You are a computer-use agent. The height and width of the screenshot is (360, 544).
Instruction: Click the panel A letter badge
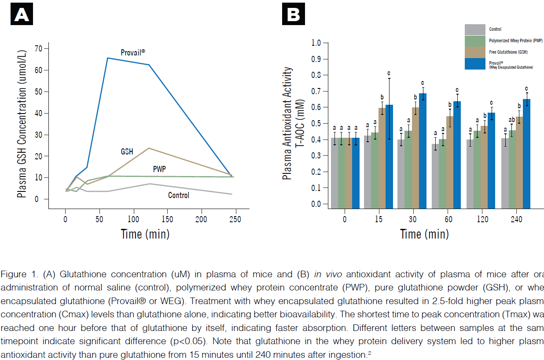pos(22,15)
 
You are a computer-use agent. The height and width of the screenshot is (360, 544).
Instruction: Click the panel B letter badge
pos(293,15)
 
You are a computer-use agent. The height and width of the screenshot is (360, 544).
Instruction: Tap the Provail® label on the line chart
pos(133,52)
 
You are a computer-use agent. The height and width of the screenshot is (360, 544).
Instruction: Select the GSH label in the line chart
pos(128,151)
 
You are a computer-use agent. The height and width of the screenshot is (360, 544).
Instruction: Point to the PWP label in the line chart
pos(159,169)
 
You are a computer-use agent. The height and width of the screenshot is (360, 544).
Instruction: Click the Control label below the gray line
pos(179,195)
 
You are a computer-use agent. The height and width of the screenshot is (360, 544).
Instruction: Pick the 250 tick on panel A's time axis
pos(235,219)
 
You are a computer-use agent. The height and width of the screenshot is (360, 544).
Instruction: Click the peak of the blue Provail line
pos(108,58)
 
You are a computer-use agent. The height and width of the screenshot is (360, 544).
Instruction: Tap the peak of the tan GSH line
pos(149,148)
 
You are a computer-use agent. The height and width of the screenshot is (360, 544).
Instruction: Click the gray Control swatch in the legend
pos(475,29)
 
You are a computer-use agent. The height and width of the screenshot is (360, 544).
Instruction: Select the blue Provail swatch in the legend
pos(475,64)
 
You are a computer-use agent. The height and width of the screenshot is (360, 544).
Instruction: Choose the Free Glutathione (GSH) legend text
pos(508,52)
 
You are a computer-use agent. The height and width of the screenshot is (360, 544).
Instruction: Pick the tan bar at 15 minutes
pos(382,158)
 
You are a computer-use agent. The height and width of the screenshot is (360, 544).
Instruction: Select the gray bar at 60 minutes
pos(435,176)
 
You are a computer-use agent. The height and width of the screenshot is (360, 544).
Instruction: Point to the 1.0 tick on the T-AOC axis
pos(316,43)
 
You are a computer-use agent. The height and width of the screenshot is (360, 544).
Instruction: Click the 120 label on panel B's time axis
pos(482,219)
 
